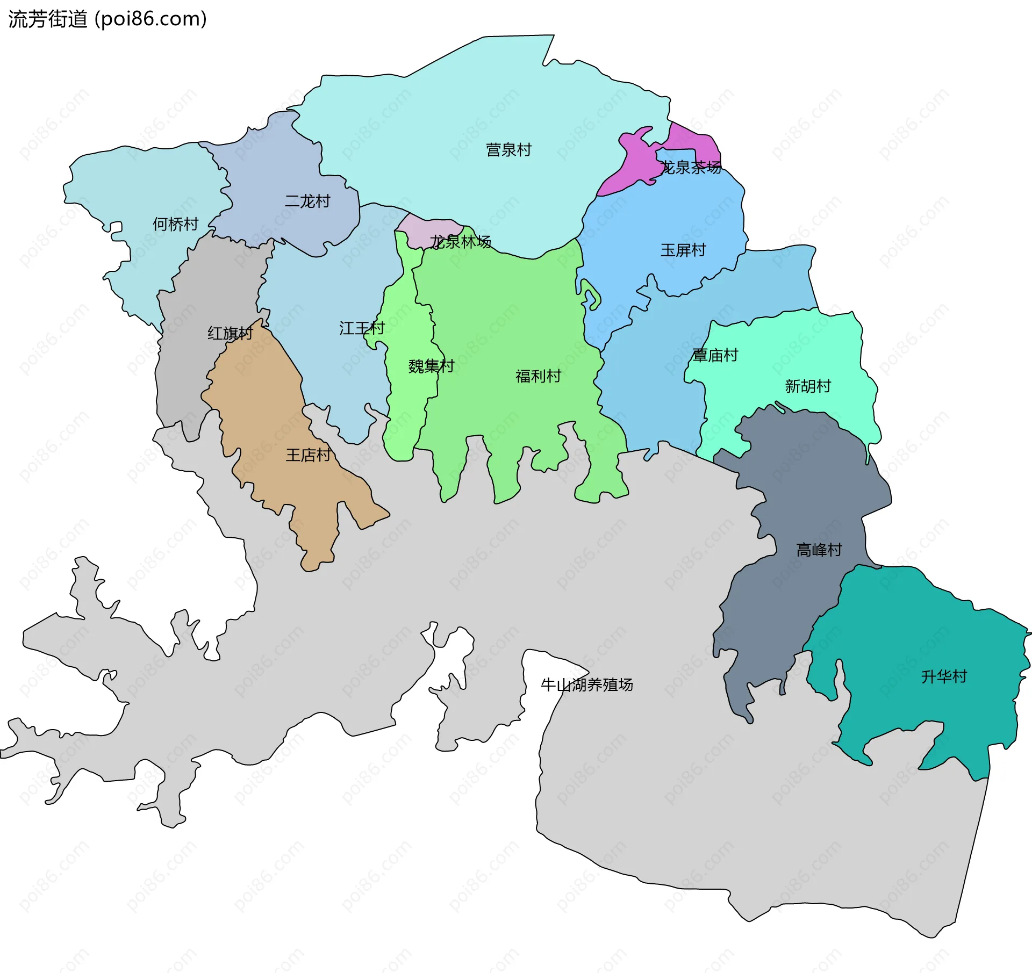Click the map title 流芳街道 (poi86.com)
point(107,19)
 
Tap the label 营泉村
point(508,150)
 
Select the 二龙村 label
point(307,201)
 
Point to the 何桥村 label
point(176,224)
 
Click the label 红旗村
point(230,333)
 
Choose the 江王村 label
point(362,328)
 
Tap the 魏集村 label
point(431,366)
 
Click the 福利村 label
point(538,376)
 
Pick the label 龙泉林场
point(460,242)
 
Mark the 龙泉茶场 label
point(691,168)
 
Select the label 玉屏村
point(683,250)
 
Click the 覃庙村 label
point(715,355)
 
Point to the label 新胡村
point(808,386)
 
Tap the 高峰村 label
point(819,550)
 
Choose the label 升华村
point(944,676)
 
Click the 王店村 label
point(308,455)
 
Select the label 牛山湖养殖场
point(587,684)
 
